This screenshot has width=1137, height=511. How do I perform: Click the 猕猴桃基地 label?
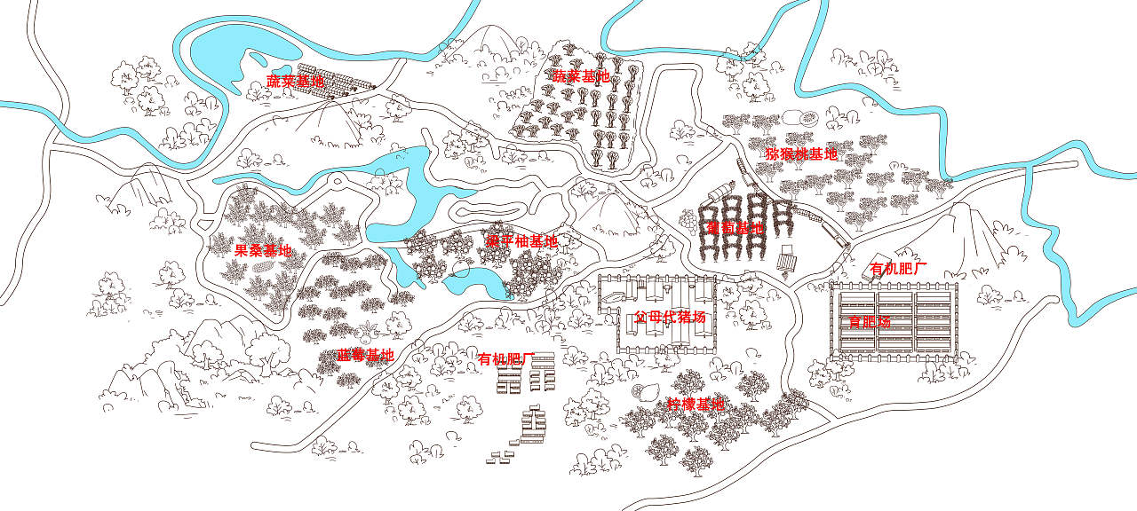(801, 153)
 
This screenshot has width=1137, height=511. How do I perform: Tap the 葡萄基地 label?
(735, 228)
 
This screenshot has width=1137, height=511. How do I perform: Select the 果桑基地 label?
(263, 250)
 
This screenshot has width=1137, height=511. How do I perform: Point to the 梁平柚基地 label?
(521, 240)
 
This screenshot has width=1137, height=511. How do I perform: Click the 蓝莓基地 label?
(365, 355)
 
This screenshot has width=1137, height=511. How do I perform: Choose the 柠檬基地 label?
(696, 405)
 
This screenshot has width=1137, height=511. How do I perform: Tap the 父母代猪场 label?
(671, 317)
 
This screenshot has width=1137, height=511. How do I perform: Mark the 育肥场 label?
(870, 321)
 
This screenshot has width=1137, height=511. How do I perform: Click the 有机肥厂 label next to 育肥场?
(899, 268)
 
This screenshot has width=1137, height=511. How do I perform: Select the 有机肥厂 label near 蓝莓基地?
(505, 358)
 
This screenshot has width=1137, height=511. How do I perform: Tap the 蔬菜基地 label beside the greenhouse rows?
(296, 82)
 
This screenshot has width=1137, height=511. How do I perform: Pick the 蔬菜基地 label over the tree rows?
(582, 76)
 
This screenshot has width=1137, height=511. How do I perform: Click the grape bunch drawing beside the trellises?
(688, 217)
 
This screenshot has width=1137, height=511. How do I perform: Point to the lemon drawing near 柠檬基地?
(639, 391)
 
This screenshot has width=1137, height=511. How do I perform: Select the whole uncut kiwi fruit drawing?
(792, 117)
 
